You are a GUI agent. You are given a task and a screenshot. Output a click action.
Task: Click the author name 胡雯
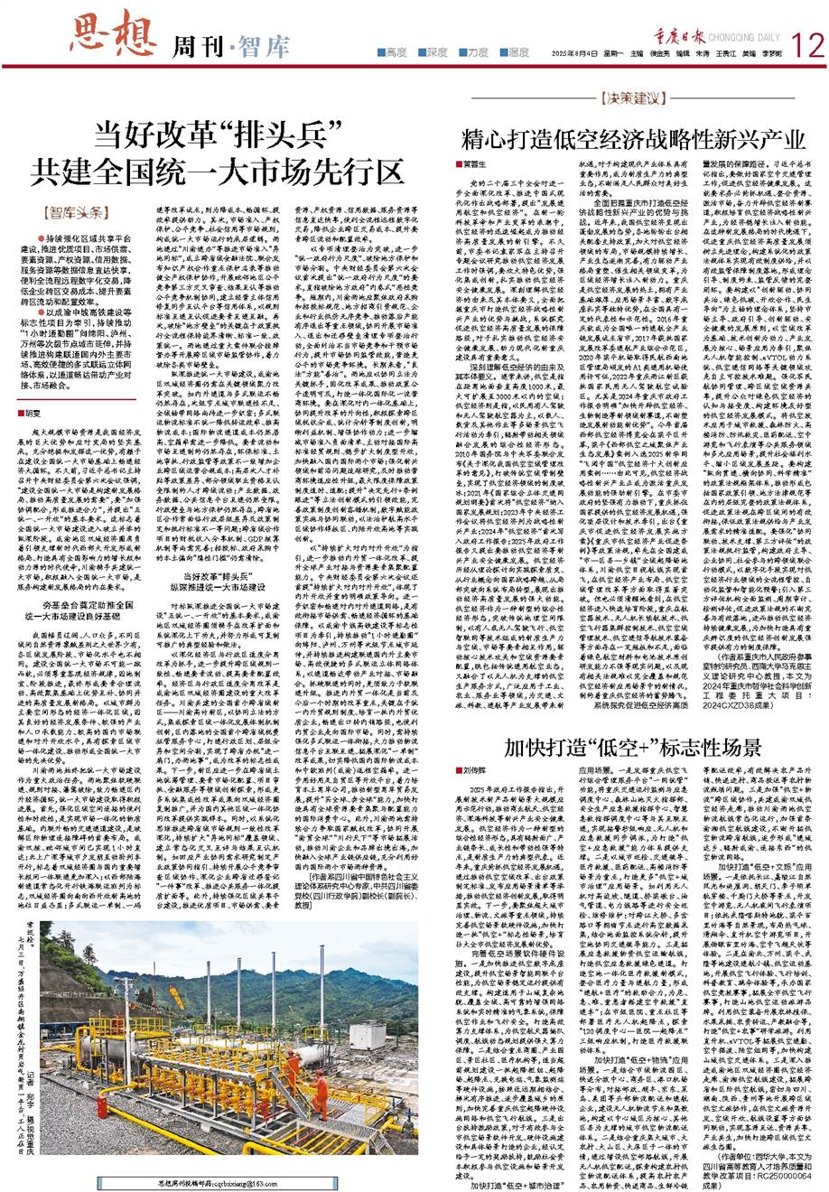(31, 412)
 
